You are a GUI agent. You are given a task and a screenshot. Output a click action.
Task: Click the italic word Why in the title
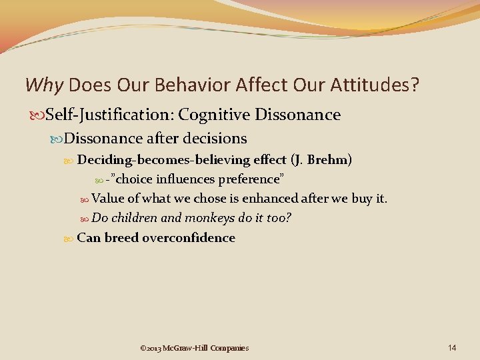point(44,85)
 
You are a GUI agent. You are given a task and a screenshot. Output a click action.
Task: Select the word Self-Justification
point(107,115)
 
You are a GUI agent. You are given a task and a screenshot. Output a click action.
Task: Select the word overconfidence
point(189,238)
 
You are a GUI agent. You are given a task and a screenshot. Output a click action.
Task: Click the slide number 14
point(452,347)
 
